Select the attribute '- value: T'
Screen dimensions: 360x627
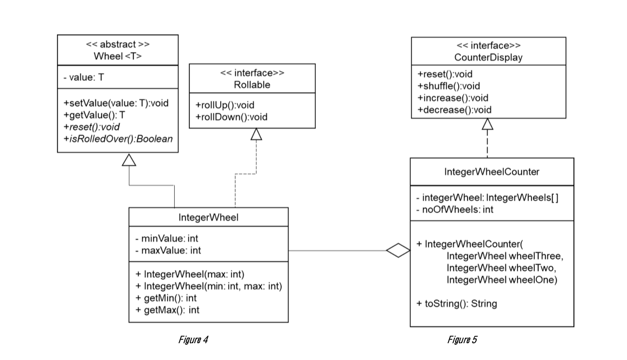[84, 78]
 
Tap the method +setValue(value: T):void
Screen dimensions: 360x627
[116, 103]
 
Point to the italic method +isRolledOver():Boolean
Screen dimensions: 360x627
[118, 139]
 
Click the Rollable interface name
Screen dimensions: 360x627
[252, 85]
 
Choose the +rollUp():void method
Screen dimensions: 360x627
[224, 105]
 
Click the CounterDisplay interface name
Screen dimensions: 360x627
[488, 57]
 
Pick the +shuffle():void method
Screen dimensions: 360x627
[449, 86]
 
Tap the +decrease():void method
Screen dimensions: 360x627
[454, 110]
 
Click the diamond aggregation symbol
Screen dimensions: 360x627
[398, 250]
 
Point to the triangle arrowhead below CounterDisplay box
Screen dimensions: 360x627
[488, 125]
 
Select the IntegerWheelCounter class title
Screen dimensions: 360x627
[491, 172]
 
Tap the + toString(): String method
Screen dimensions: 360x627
[456, 304]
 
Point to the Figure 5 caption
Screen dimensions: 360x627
[462, 340]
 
